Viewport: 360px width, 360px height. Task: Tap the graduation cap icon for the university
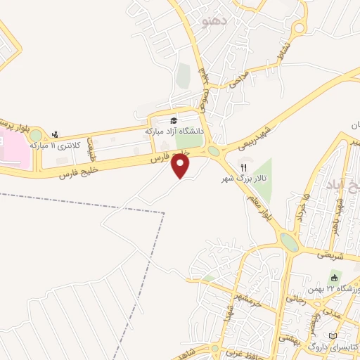coord(174,120)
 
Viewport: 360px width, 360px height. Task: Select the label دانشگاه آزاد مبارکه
coord(174,131)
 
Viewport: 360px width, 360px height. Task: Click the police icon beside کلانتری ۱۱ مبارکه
coord(56,134)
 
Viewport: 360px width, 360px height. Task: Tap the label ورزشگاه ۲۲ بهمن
coord(333,289)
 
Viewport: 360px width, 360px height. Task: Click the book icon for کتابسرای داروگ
coord(334,335)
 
